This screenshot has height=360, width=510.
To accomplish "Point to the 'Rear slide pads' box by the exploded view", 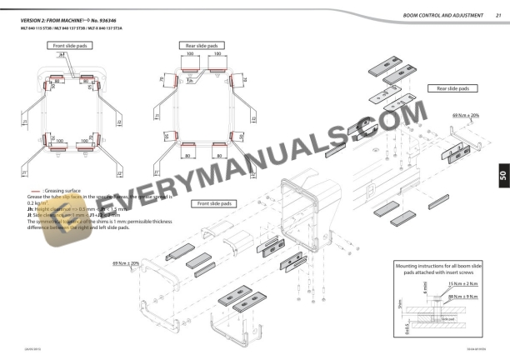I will coord(452,87).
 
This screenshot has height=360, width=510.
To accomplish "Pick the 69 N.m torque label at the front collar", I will coord(126,263).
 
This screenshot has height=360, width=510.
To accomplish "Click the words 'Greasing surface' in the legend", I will coord(59,191).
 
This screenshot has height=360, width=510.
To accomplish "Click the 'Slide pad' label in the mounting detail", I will coord(447,318).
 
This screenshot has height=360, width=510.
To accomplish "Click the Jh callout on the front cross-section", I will coord(61,53).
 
